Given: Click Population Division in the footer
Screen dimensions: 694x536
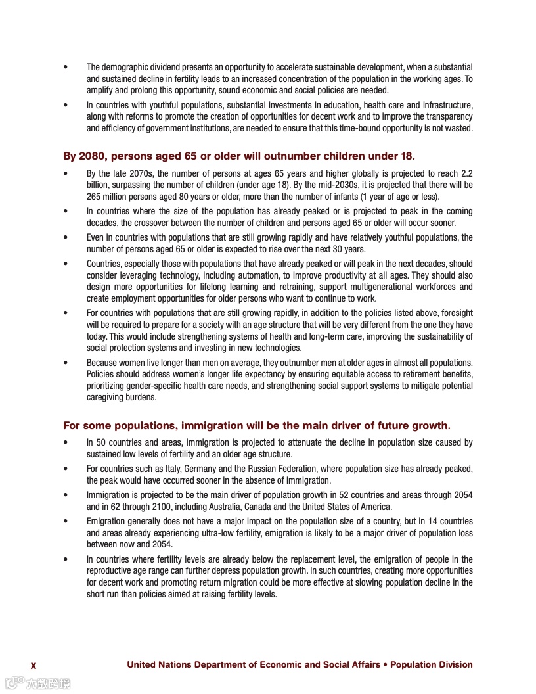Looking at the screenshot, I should pos(432,664).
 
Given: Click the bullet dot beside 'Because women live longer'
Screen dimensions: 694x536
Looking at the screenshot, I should pos(65,362).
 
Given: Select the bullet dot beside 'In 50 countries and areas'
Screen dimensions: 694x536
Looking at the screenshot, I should pos(65,443).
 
